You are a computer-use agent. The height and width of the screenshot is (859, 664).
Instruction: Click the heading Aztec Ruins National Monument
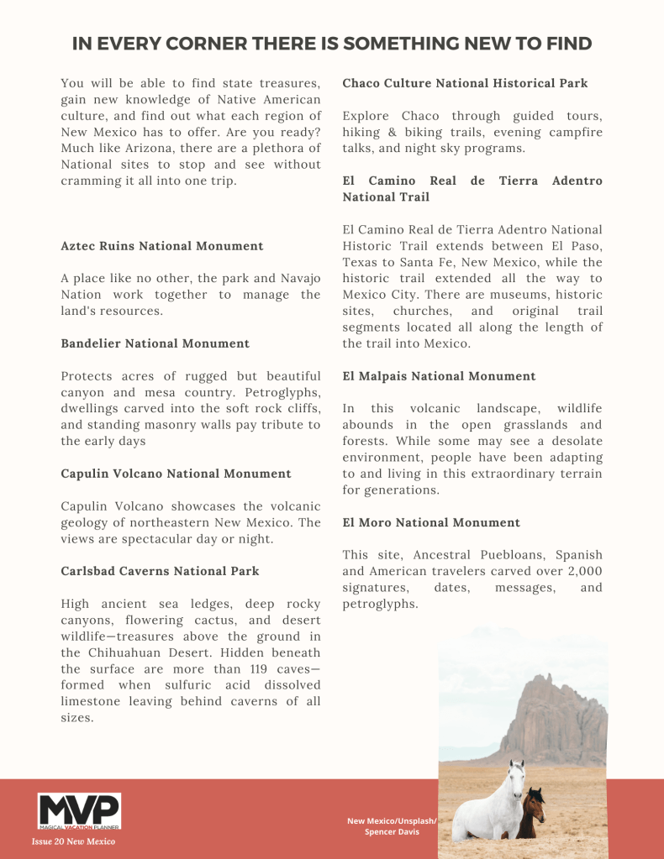[162, 246]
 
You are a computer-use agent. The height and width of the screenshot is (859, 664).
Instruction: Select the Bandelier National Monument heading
[155, 343]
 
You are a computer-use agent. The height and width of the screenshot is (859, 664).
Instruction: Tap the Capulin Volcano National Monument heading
[176, 474]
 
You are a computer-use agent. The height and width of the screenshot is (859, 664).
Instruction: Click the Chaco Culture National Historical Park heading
[465, 83]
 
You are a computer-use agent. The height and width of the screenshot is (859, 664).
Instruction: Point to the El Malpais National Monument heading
[439, 376]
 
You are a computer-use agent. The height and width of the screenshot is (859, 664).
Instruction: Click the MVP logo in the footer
[79, 811]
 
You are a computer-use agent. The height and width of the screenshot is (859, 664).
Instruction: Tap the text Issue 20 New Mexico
[74, 841]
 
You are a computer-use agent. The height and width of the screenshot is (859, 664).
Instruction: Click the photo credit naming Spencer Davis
[392, 826]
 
